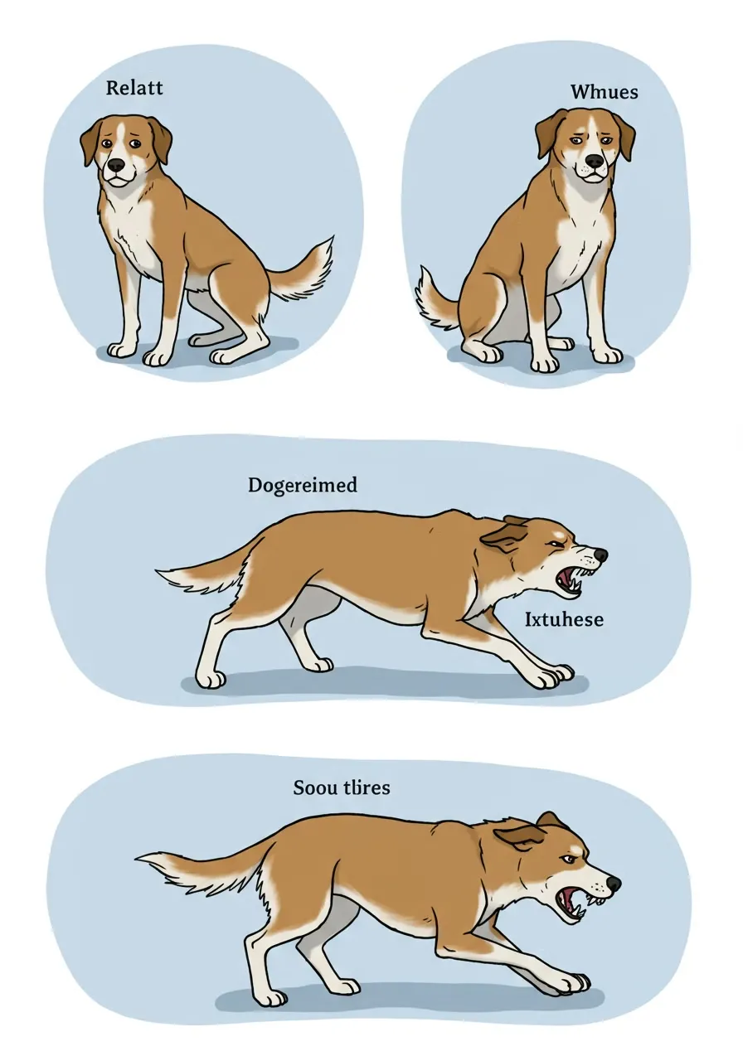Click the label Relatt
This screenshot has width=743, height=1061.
(x=134, y=88)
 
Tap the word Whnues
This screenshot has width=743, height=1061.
(x=605, y=91)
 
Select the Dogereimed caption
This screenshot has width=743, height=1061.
(x=303, y=486)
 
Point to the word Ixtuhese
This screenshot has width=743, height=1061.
(x=564, y=619)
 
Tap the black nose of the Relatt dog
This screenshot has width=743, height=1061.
(x=115, y=164)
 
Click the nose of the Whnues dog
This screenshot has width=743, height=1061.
(x=595, y=161)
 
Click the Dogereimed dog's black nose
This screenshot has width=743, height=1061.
(x=600, y=555)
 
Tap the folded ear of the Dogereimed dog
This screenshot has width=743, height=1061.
(x=503, y=538)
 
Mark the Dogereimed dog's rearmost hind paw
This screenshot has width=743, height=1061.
(x=211, y=680)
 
